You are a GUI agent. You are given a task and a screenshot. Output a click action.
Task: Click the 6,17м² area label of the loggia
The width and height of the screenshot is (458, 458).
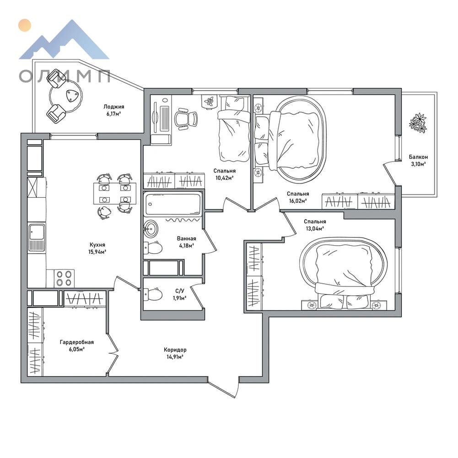[114, 113]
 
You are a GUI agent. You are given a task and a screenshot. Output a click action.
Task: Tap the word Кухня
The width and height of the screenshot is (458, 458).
[97, 245]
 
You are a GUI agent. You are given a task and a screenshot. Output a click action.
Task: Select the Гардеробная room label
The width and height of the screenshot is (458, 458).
[77, 342]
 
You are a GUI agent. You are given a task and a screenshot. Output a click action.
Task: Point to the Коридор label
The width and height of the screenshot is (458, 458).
[175, 350]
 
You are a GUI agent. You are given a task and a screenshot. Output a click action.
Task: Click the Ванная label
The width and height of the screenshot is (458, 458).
[186, 239]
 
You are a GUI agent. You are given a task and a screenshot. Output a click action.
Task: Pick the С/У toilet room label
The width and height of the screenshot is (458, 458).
[180, 291]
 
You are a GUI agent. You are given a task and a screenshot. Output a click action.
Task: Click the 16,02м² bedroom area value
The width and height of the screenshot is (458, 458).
[298, 201]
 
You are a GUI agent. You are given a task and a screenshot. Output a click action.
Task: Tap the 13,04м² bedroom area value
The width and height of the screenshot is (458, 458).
[315, 229]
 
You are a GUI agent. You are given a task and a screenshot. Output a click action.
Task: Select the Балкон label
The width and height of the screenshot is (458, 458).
[418, 157]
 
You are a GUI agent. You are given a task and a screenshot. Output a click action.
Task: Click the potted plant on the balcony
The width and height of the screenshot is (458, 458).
[418, 123]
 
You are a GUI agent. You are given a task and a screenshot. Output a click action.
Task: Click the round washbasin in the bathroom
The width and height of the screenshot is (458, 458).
[151, 228]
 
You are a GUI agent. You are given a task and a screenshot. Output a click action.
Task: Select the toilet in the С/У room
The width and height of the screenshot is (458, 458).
[153, 295]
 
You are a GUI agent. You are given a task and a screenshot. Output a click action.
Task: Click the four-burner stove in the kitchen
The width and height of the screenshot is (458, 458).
[64, 278]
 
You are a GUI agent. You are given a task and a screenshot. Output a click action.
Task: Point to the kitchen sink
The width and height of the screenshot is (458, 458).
[37, 237]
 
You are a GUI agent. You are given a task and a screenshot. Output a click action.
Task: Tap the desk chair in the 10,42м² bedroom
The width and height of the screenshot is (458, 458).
[186, 119]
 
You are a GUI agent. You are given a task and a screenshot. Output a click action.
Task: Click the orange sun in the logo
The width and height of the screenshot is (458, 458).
[24, 25]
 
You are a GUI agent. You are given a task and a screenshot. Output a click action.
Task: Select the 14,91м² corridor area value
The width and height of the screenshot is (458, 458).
[175, 356]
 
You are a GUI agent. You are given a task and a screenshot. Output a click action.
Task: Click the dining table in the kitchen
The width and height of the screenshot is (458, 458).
[115, 194]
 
